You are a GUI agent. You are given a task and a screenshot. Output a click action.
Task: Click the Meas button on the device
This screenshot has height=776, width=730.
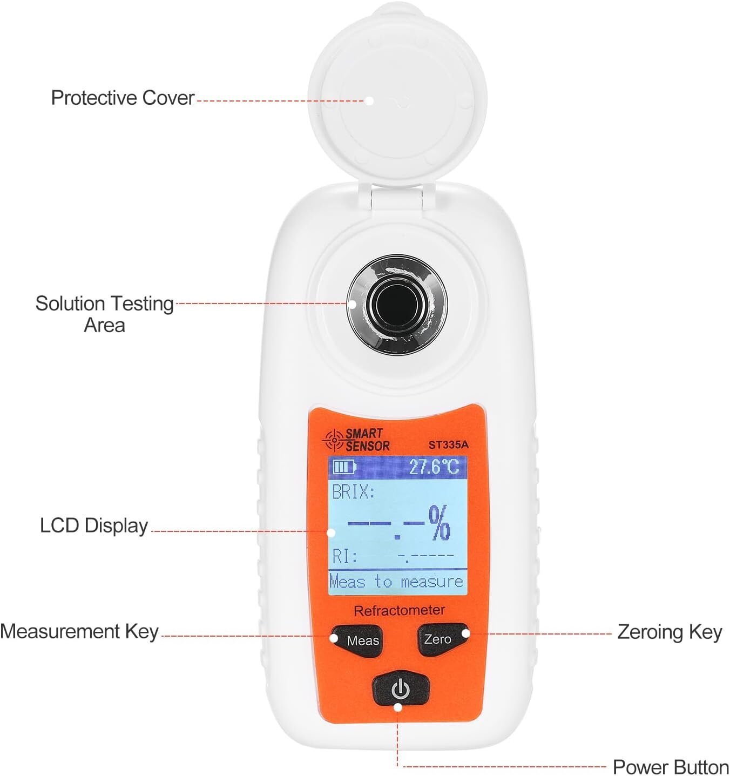[356, 640]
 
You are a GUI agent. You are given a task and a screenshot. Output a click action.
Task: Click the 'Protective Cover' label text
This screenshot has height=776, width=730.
[123, 98]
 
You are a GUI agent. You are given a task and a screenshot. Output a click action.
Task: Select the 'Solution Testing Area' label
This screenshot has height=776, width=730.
[105, 314]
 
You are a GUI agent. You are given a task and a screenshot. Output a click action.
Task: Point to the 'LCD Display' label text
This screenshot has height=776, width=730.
[94, 525]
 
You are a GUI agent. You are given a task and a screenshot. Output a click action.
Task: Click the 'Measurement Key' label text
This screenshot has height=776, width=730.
[79, 631]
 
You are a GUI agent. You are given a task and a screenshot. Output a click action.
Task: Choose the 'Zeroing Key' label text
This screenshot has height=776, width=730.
[670, 632]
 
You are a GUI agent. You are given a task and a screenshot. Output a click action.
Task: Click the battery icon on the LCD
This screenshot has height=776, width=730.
[344, 467]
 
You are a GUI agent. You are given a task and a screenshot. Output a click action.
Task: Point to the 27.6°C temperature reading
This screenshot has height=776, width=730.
[434, 467]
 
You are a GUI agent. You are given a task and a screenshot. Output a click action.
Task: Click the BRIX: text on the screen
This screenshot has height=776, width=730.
[353, 491]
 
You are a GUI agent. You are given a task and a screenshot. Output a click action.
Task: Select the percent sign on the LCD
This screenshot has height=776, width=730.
[440, 523]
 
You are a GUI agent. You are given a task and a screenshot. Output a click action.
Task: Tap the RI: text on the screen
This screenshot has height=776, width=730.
[345, 556]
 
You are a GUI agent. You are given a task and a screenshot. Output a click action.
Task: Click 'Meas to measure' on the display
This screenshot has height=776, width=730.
[396, 582]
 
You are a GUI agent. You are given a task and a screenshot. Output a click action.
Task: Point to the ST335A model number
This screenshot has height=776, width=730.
[448, 444]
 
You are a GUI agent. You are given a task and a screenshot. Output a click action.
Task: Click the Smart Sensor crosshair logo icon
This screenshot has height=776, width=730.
[334, 440]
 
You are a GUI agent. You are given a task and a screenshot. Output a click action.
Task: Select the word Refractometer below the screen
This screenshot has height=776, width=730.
[399, 610]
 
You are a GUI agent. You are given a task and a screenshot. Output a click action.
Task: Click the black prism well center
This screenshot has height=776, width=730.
[397, 305]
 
